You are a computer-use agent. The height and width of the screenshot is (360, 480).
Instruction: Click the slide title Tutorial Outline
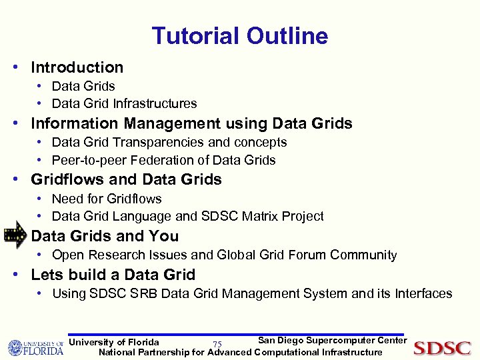click(x=239, y=35)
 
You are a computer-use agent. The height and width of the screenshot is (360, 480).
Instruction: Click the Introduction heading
click(x=77, y=67)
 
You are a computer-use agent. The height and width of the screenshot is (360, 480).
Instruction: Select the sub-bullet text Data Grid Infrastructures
click(x=124, y=103)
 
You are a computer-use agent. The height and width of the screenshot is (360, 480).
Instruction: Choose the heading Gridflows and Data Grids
click(x=126, y=179)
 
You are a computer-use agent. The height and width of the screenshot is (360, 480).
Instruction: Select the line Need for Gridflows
click(x=107, y=199)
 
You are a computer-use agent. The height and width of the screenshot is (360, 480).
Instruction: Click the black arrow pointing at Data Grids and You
click(x=15, y=236)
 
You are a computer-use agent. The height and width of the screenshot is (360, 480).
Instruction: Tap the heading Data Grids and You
click(x=105, y=236)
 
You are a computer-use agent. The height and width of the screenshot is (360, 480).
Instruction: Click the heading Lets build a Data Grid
click(x=113, y=275)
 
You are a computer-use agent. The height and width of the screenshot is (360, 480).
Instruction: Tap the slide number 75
click(x=217, y=344)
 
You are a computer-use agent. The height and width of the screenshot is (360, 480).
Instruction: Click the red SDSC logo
click(x=442, y=347)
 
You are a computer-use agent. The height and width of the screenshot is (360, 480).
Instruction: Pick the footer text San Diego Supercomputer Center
click(x=332, y=341)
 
